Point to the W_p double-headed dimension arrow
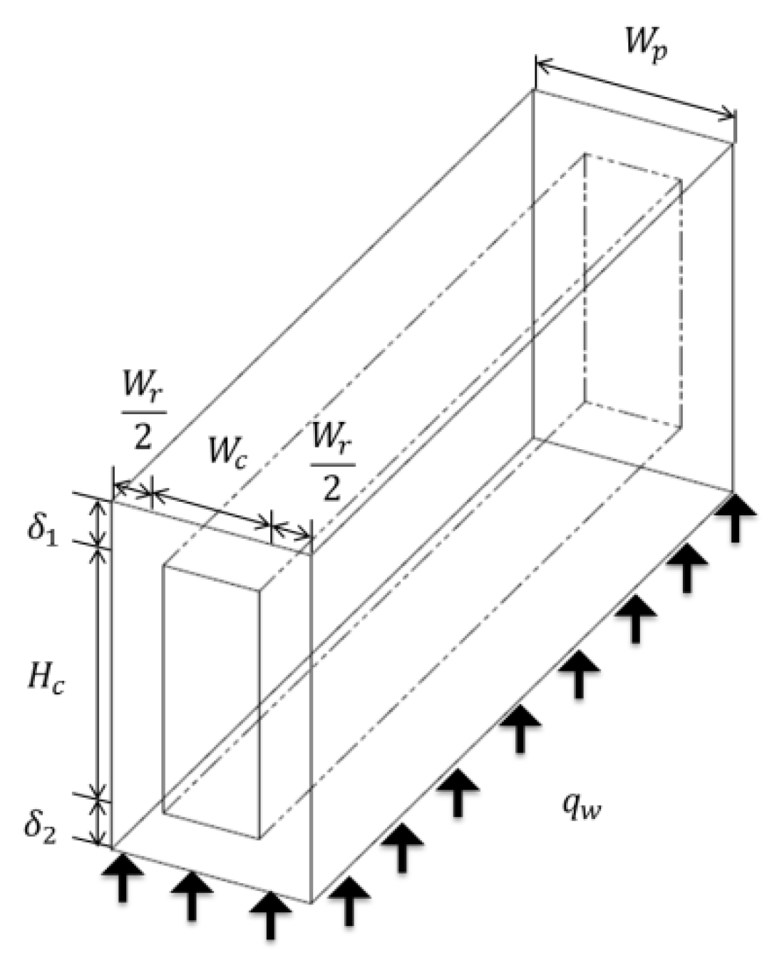(x=634, y=89)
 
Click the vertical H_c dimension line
(x=101, y=670)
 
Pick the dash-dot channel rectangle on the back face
(x=633, y=292)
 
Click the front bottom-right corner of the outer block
(x=311, y=903)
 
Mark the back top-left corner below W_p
(x=535, y=91)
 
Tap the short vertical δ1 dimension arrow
(x=101, y=522)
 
